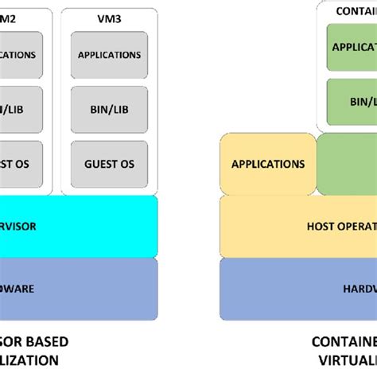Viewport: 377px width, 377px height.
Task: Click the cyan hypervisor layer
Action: pos(80,226)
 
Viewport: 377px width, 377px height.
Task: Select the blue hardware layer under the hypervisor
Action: pos(80,289)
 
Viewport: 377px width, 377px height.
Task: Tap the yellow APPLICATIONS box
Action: pos(267,165)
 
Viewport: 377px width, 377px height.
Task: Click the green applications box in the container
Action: pos(352,47)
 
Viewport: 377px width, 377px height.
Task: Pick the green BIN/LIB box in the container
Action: pos(352,102)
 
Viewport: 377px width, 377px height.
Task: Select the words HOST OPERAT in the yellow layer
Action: pos(341,226)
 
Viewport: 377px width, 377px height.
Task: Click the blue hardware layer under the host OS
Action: pos(298,289)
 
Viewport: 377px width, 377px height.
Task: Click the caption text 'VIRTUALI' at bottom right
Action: pos(345,360)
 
